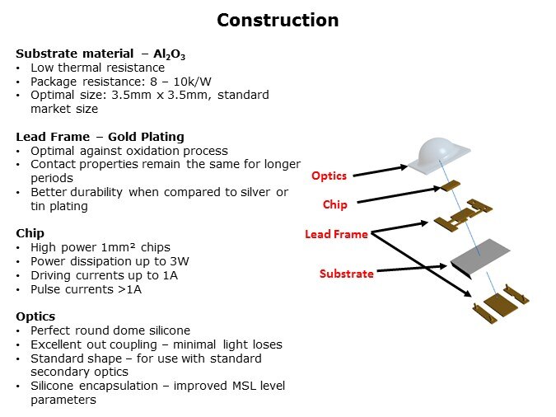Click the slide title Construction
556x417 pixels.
278,20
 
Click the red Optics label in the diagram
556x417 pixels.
329,176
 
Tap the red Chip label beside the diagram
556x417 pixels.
334,204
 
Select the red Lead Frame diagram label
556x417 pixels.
335,234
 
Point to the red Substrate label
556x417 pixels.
347,273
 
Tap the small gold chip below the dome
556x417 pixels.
449,186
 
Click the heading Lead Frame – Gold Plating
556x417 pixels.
100,137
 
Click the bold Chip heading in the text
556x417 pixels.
31,233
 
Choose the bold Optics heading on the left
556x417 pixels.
35,316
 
